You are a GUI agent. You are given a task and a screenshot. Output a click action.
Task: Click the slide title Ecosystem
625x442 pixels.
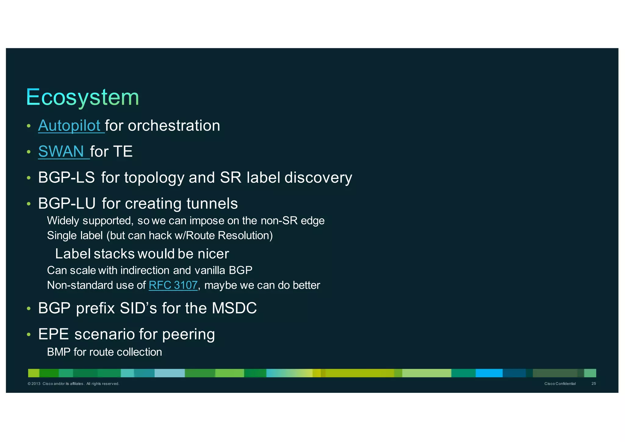[x=82, y=97]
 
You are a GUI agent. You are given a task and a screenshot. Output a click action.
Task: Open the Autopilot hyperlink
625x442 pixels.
[x=69, y=125]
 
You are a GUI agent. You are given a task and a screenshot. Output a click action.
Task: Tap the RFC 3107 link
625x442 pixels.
[x=173, y=285]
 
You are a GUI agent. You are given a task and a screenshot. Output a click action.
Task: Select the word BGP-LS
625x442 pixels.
[x=66, y=178]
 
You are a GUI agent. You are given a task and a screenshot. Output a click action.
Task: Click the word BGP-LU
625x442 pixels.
[x=67, y=204]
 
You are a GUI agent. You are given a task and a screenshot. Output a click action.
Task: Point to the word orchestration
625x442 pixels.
[x=174, y=125]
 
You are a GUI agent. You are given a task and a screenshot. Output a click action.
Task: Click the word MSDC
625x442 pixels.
[x=234, y=308]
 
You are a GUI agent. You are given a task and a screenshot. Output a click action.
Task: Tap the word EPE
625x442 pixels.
[x=53, y=334]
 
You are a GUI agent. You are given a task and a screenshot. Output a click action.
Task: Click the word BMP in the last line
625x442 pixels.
[x=59, y=352]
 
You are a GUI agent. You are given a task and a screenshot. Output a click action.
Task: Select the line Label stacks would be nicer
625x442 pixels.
[x=142, y=254]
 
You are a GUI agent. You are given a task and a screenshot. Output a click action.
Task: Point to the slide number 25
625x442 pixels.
[x=594, y=384]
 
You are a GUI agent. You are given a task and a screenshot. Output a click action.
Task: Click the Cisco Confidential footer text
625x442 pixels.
[x=560, y=384]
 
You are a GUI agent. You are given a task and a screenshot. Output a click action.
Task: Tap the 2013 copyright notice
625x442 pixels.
[x=73, y=384]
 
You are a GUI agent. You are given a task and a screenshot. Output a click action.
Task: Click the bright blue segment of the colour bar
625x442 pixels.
[x=489, y=373]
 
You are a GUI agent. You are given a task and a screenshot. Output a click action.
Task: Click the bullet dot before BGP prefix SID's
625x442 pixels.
[x=29, y=309]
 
